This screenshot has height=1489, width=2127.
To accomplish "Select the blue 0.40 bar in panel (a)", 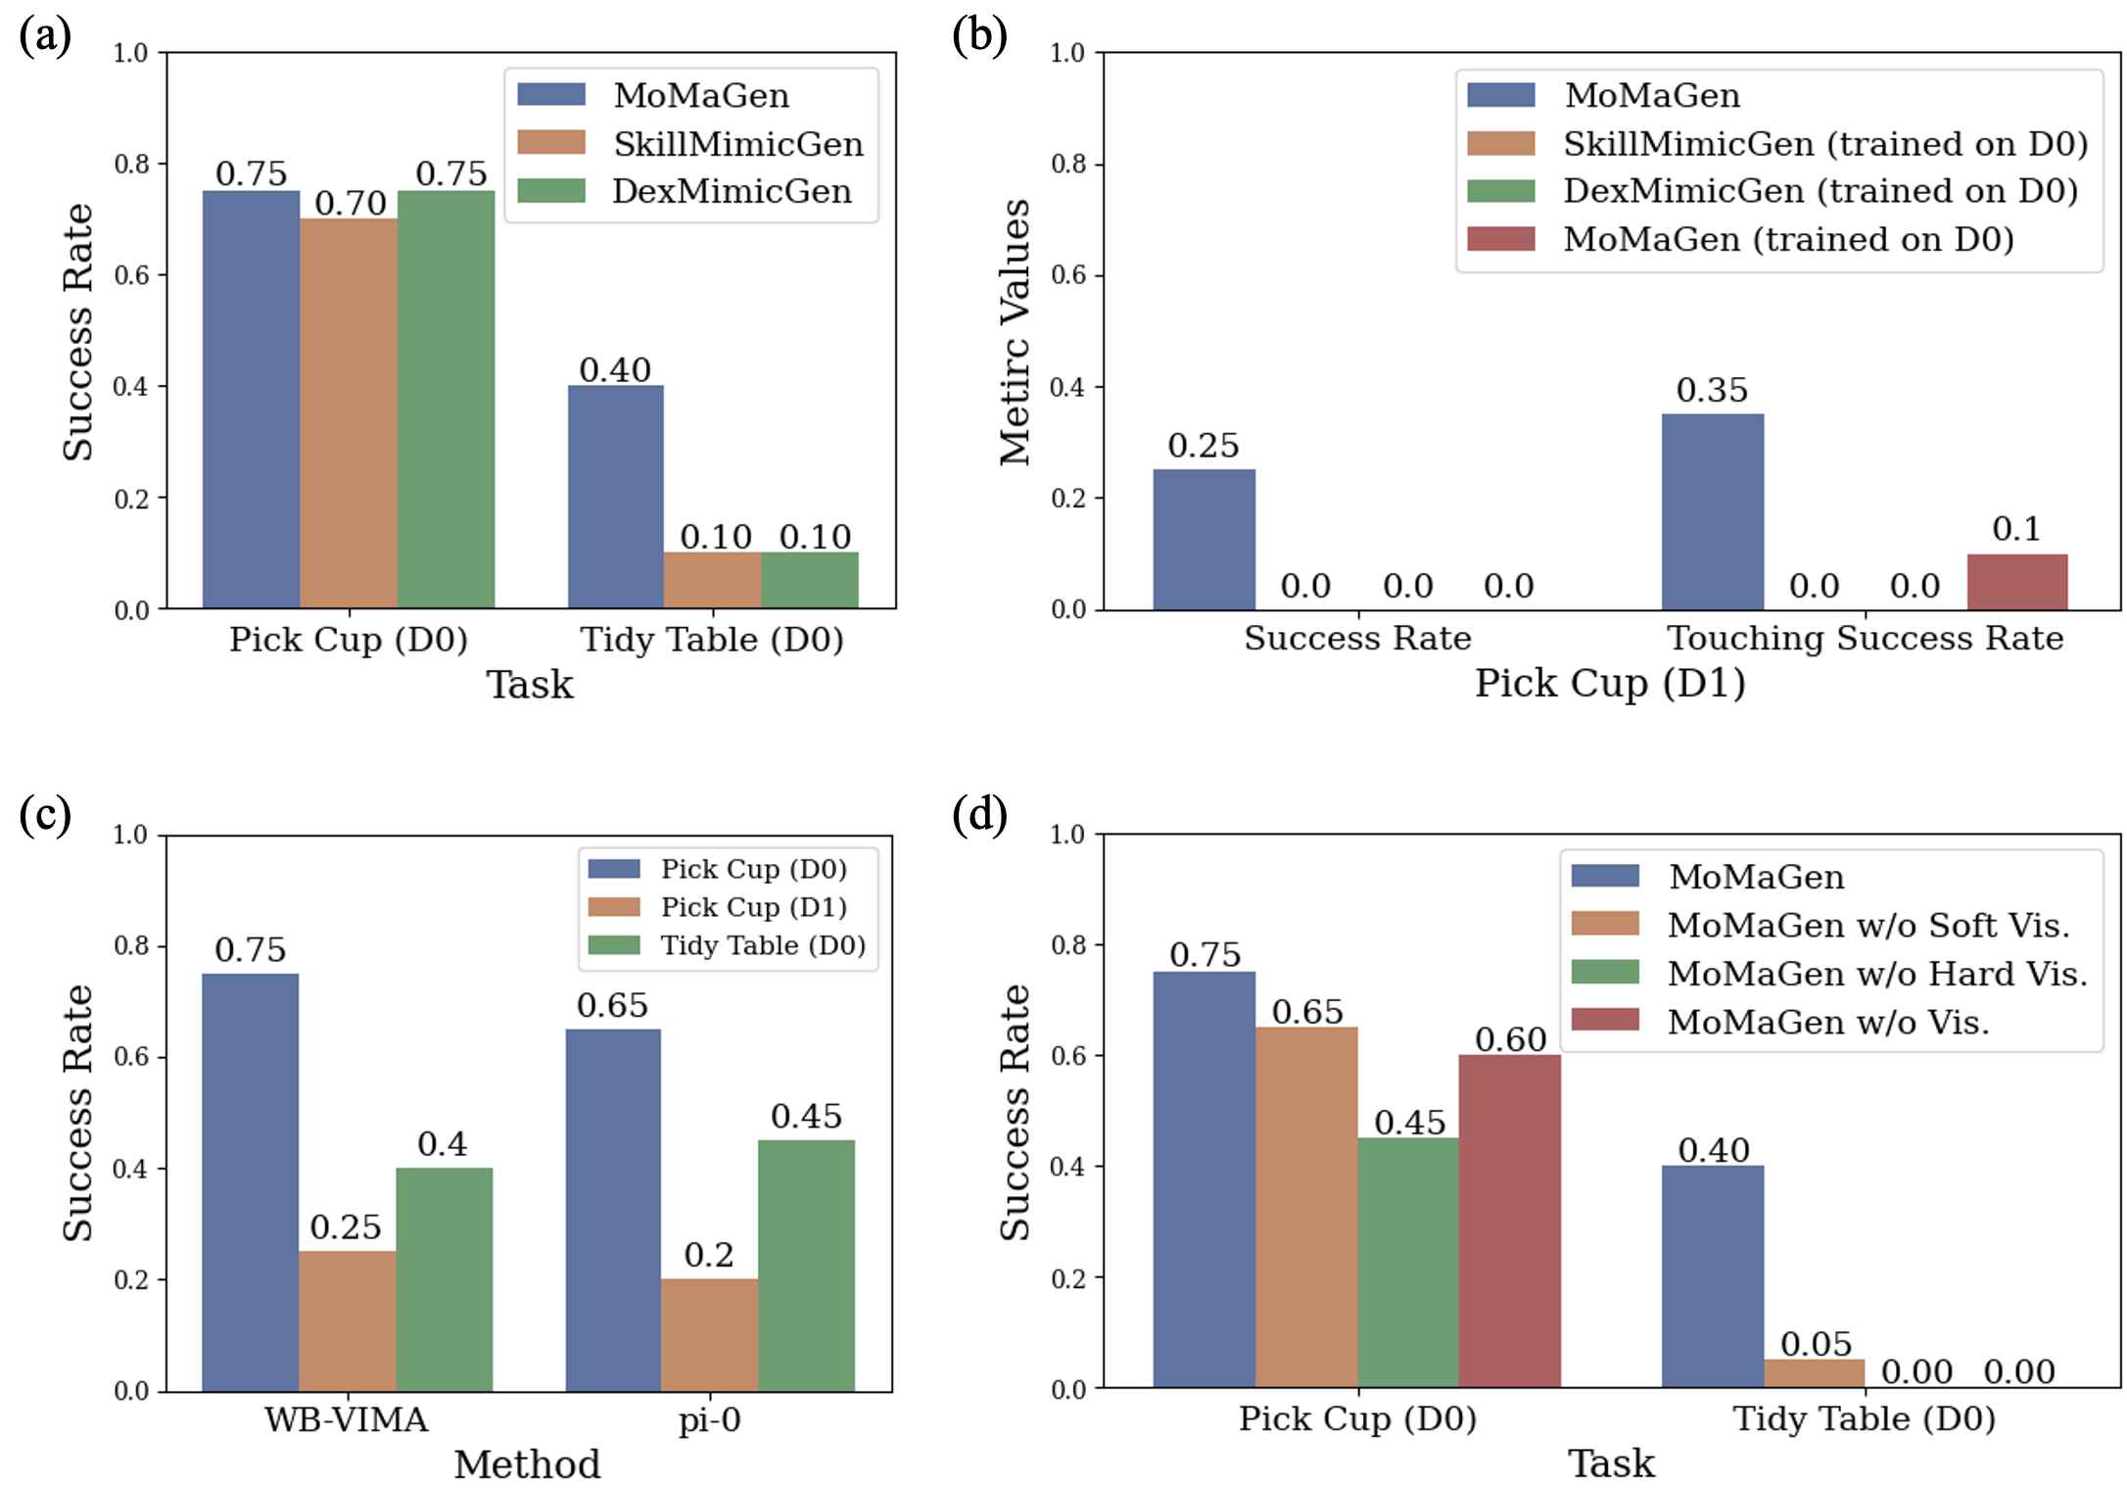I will (615, 497).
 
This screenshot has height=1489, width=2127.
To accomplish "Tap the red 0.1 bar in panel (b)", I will (2017, 582).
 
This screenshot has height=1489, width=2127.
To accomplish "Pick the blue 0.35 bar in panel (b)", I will (1712, 511).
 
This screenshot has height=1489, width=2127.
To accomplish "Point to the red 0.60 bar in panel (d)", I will (1509, 1221).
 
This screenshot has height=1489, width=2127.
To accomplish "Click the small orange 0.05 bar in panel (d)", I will (1814, 1373).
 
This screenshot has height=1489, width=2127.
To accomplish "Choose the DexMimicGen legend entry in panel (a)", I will (731, 191).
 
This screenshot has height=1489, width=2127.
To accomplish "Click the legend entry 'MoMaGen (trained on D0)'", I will (1787, 239).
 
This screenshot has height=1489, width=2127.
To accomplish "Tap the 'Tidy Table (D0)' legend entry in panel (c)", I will (763, 945).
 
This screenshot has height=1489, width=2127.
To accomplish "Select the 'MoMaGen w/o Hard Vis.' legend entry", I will (1876, 973).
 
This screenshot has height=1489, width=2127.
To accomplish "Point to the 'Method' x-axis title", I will (527, 1465).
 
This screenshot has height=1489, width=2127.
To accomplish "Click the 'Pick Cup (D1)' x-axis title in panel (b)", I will (1610, 683).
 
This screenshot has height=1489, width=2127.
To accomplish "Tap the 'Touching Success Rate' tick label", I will (1865, 638).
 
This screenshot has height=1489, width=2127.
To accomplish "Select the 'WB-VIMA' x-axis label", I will (347, 1419).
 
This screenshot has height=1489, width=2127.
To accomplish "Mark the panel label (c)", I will (45, 814).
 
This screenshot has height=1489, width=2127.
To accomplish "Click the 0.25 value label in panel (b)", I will (1203, 446).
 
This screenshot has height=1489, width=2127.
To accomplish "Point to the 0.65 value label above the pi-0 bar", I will (612, 1005).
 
